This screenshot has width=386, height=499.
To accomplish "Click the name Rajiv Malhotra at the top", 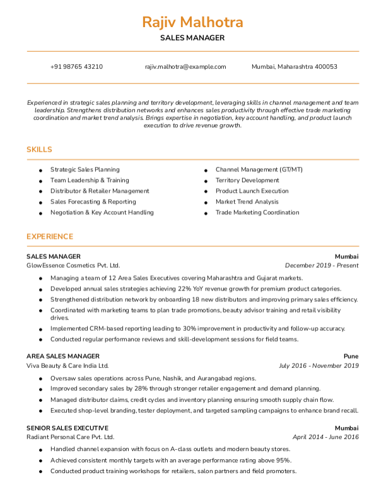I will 192,23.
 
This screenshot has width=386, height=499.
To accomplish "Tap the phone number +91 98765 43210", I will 76,67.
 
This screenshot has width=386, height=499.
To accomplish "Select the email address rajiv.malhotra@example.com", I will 185,67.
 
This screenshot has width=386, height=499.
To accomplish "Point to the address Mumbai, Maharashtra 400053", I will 294,67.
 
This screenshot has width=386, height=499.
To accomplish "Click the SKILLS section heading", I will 39,150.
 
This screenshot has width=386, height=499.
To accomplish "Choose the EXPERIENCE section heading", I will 50,237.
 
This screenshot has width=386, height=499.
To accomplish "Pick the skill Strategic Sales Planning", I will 85,169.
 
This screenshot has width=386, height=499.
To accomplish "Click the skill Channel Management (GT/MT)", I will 259,169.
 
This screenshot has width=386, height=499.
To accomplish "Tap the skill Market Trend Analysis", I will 247,202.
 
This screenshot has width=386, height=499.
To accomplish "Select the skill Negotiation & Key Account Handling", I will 102,212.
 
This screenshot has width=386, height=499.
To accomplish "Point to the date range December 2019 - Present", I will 322,266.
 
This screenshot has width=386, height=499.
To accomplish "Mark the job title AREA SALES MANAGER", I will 62,356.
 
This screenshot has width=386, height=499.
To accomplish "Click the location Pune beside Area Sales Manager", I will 351,356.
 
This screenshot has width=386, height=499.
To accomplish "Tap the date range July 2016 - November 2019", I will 319,365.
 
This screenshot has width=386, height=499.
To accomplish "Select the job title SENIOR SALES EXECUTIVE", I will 67,427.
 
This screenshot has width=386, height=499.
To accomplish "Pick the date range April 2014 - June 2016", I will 325,437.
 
